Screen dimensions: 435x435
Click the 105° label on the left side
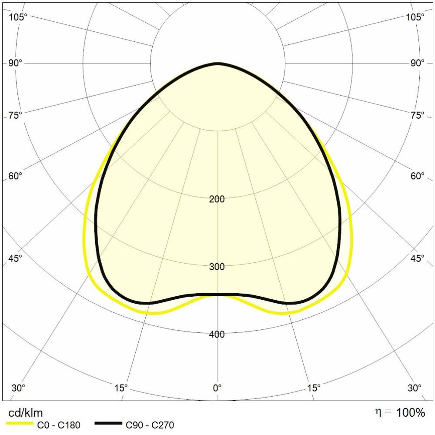click(x=18, y=17)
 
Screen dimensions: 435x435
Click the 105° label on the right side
click(x=415, y=17)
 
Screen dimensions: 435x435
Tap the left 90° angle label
click(x=15, y=63)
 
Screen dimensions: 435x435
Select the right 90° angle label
click(x=417, y=63)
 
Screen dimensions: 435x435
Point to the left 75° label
click(x=15, y=115)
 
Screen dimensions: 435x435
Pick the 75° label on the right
click(x=417, y=115)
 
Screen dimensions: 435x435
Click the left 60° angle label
click(x=15, y=176)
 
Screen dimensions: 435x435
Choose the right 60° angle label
click(x=417, y=176)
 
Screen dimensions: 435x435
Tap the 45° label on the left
click(x=15, y=258)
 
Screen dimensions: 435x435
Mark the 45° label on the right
click(x=417, y=258)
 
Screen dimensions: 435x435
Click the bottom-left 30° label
click(x=18, y=388)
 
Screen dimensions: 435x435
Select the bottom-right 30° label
click(x=415, y=388)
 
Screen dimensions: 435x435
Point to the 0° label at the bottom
click(x=217, y=388)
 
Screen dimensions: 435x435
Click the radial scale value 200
click(x=217, y=199)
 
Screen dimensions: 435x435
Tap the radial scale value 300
click(x=217, y=267)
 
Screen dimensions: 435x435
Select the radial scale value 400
click(x=217, y=334)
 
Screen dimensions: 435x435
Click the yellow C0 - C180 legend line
click(x=20, y=425)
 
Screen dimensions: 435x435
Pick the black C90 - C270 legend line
click(x=108, y=425)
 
